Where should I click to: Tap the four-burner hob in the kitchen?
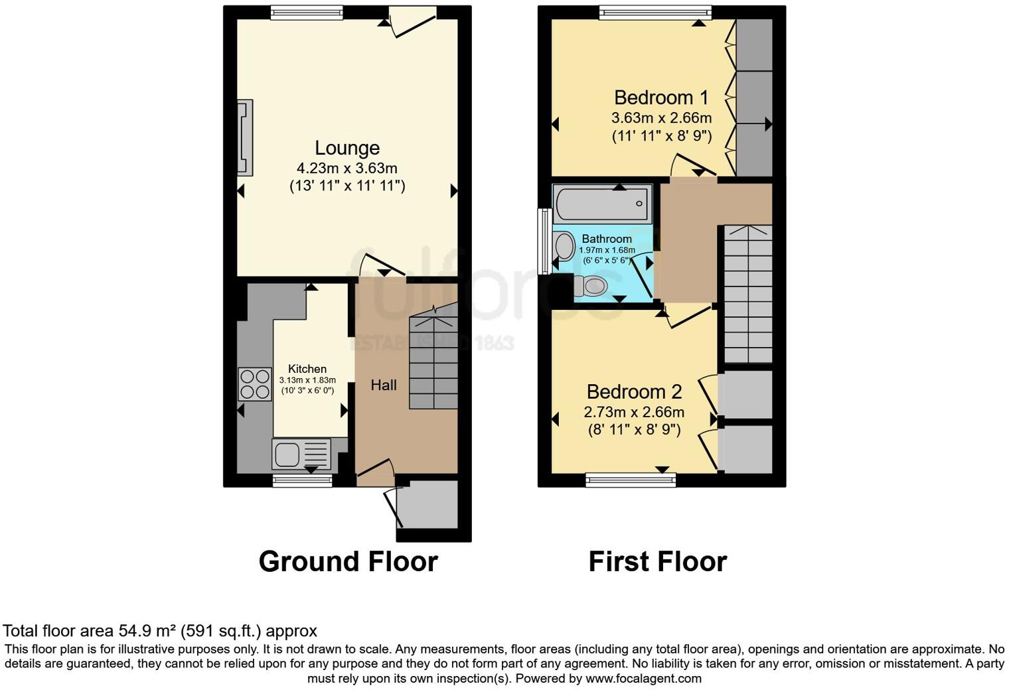pyautogui.click(x=255, y=383)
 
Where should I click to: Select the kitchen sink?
pyautogui.click(x=301, y=454)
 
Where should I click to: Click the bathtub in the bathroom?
pyautogui.click(x=602, y=204)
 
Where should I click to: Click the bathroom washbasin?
pyautogui.click(x=564, y=246)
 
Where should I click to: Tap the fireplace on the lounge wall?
pyautogui.click(x=245, y=137)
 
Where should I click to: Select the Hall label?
pyautogui.click(x=384, y=385)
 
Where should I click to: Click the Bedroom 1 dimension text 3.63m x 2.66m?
pyautogui.click(x=661, y=118)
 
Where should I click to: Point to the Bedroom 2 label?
pyautogui.click(x=634, y=391)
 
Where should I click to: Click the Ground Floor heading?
pyautogui.click(x=348, y=562)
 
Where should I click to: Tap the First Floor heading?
pyautogui.click(x=657, y=562)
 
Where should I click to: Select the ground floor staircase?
pyautogui.click(x=433, y=362)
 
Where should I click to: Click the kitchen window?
pyautogui.click(x=302, y=480)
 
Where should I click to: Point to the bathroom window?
pyautogui.click(x=544, y=241)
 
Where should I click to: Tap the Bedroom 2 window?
pyautogui.click(x=631, y=480)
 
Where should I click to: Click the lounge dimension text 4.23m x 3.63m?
pyautogui.click(x=347, y=168)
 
